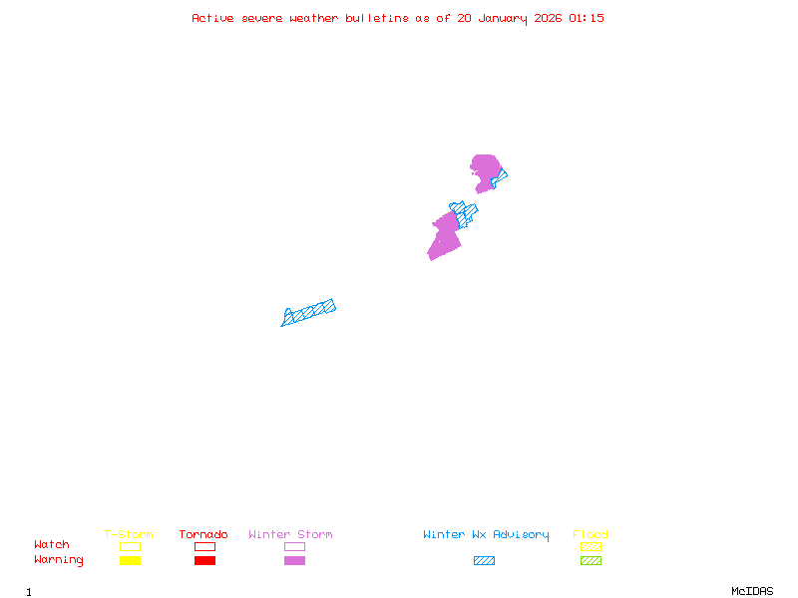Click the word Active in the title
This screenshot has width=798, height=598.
213,18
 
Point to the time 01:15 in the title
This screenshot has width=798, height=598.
587,18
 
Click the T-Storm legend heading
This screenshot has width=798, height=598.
129,535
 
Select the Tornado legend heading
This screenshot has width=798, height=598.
203,535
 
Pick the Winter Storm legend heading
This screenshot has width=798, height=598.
290,535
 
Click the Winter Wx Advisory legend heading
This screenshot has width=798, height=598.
486,535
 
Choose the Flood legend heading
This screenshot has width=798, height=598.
591,535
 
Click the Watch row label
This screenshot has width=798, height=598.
52,545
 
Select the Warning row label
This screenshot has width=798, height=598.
59,560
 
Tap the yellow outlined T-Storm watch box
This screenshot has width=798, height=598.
130,546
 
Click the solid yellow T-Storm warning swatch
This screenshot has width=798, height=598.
130,561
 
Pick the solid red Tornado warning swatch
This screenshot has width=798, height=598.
204,561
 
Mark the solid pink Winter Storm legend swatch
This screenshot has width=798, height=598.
294,561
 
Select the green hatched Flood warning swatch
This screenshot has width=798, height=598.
591,561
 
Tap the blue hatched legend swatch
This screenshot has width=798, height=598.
484,561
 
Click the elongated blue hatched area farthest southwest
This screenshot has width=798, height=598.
309,312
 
